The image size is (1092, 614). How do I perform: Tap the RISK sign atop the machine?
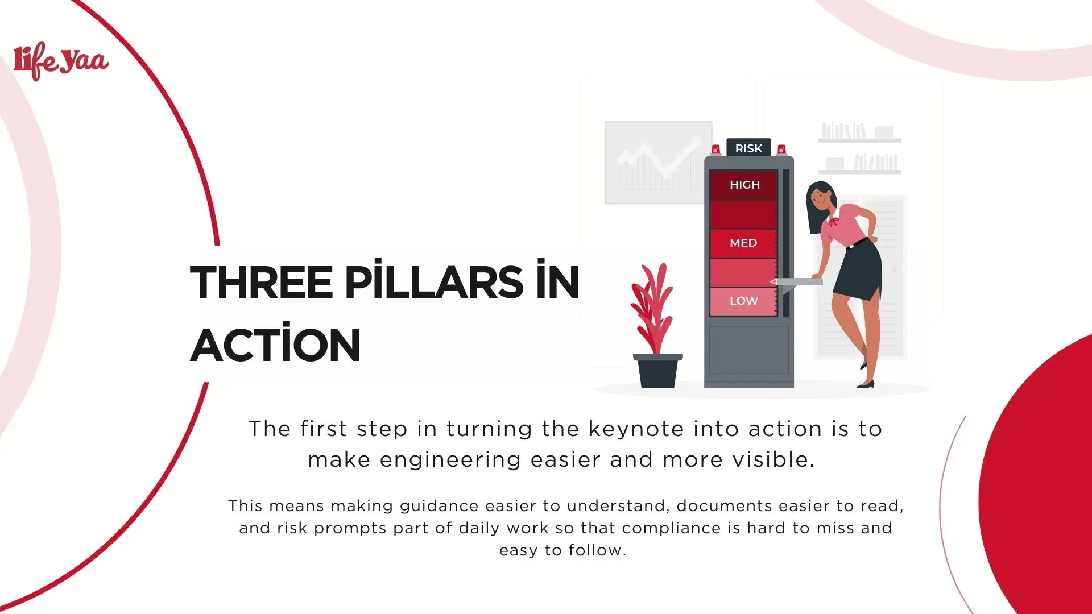[748, 148]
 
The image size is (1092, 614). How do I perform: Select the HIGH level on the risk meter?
[744, 185]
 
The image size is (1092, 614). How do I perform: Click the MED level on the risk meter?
[743, 243]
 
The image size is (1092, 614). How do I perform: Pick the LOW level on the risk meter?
[743, 301]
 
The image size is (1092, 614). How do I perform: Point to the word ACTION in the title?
[275, 345]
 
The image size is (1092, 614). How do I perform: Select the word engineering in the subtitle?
[450, 459]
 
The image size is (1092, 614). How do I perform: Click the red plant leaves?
[652, 307]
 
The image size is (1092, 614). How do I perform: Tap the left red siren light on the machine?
[716, 150]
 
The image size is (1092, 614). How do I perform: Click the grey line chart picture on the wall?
[658, 162]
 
